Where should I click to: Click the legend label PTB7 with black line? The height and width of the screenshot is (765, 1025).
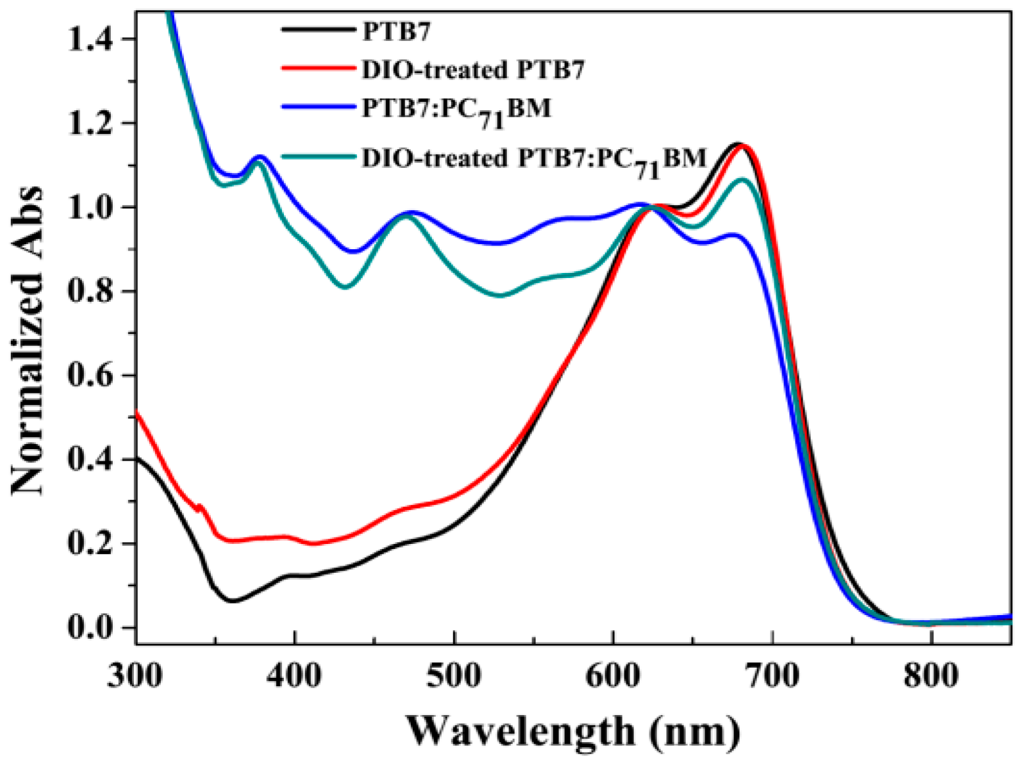(x=396, y=31)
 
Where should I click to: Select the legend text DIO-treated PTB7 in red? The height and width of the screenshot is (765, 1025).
(x=473, y=69)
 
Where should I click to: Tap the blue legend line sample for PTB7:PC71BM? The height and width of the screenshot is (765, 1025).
(x=317, y=107)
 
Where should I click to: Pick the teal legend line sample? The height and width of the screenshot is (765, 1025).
(x=317, y=156)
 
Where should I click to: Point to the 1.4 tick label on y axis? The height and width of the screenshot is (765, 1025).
(x=89, y=40)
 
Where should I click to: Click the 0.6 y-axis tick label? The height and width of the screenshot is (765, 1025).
(x=89, y=376)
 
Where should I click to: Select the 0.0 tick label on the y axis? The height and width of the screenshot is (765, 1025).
(x=89, y=628)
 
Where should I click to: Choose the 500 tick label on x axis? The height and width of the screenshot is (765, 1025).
(x=454, y=676)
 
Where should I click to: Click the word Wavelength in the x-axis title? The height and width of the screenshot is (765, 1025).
(x=519, y=730)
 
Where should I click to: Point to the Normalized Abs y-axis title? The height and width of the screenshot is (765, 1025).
(x=29, y=340)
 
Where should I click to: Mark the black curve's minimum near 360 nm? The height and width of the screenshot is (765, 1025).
(x=232, y=601)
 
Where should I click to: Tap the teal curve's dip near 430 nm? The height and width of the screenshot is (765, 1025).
(x=345, y=287)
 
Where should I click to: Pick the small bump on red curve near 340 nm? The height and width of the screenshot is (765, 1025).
(x=199, y=506)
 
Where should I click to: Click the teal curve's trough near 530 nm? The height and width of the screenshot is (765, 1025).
(x=500, y=295)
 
